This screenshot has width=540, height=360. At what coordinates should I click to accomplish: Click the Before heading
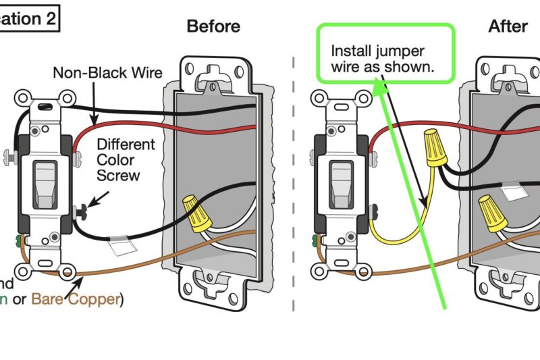pos(213,26)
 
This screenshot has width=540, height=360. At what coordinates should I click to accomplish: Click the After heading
pos(508,26)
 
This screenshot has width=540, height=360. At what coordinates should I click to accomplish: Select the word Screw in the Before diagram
pos(118,176)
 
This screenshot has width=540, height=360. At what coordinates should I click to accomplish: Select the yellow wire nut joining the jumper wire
pos(435,148)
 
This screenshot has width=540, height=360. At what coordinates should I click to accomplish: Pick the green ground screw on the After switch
pos(315,239)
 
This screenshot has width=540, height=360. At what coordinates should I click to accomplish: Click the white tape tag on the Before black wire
pos(122,245)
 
